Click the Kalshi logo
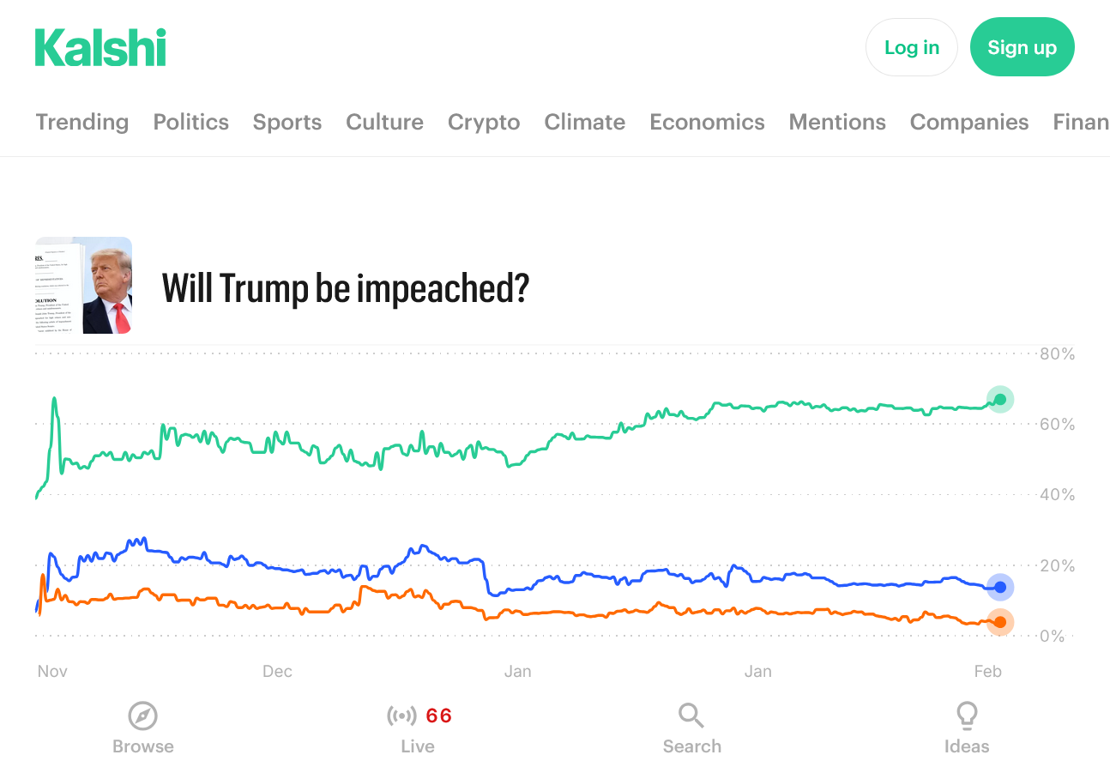coord(100,47)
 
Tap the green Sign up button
coord(1022,47)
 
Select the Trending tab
coord(82,122)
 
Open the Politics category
coord(191,122)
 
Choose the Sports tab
coord(287,122)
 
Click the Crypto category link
coord(484,122)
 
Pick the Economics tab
coord(707,122)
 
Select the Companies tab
coord(969,122)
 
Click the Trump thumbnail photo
coord(84,286)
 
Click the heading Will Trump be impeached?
coord(346,288)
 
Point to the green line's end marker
coord(999,399)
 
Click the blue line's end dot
coord(999,588)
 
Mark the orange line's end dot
coord(999,622)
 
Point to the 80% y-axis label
coord(1057,353)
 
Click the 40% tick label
coord(1057,495)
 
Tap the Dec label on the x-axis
coord(277,671)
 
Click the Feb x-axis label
coord(987,671)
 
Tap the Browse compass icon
coord(143,715)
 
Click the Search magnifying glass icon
coord(691,715)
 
